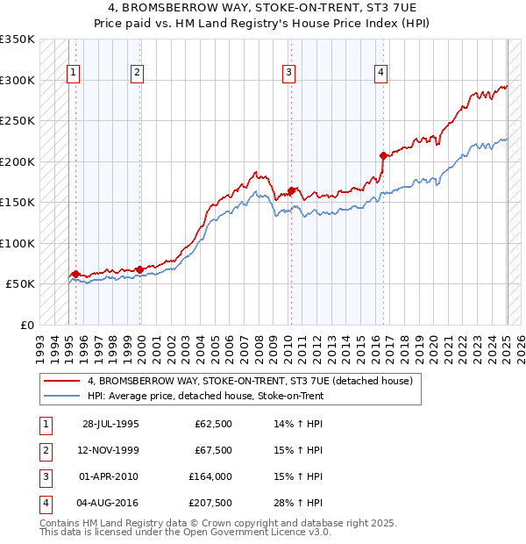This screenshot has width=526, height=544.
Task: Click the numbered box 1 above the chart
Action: pyautogui.click(x=73, y=73)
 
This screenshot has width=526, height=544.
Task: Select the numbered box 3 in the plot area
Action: pyautogui.click(x=288, y=73)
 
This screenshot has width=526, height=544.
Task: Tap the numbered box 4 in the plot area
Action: pyautogui.click(x=381, y=73)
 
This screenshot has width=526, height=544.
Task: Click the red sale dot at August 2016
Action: pyautogui.click(x=383, y=155)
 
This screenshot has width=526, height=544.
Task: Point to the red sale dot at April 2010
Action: pyautogui.click(x=291, y=190)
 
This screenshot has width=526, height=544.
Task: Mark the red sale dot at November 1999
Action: pyautogui.click(x=139, y=269)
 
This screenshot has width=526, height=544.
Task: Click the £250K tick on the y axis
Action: pyautogui.click(x=18, y=120)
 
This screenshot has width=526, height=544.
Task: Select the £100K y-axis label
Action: pyautogui.click(x=18, y=243)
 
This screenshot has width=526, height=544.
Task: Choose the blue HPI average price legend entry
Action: pyautogui.click(x=205, y=396)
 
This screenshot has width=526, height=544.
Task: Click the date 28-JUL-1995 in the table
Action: pyautogui.click(x=110, y=424)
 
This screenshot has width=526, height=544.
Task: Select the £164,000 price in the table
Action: pyautogui.click(x=210, y=476)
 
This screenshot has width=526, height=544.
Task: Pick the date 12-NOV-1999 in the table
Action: pyautogui.click(x=110, y=450)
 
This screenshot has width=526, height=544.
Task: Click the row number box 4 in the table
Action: pyautogui.click(x=45, y=503)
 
